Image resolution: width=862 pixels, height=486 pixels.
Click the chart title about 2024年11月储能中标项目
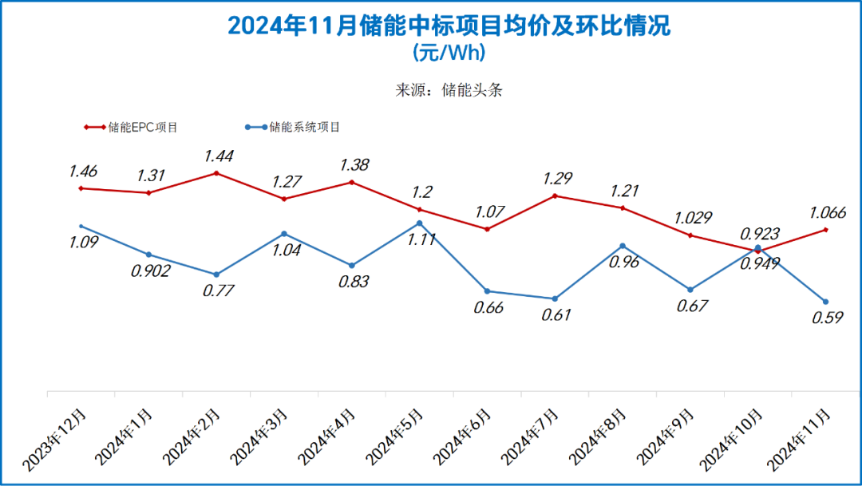point(449,26)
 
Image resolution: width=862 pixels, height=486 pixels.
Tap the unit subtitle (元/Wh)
point(449,53)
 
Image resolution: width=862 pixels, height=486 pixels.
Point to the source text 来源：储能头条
point(449,90)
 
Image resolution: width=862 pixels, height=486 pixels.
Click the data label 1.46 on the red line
point(83,171)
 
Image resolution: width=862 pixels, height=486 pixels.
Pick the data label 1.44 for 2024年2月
point(219,156)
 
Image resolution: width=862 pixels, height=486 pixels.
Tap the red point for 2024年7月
point(555,196)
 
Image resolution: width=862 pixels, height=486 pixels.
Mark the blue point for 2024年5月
point(419,223)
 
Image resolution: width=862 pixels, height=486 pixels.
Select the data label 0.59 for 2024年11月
point(825,318)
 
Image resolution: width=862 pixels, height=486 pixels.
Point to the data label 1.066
point(828,212)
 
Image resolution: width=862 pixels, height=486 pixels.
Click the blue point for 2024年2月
point(216,275)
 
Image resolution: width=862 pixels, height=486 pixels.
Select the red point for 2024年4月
point(352,182)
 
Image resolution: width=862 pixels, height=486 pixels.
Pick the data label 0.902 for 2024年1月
point(151,271)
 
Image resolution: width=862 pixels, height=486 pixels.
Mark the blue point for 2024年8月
point(623,246)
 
